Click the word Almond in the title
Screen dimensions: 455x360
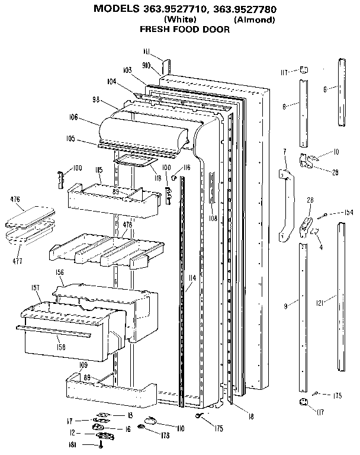pos(254,19)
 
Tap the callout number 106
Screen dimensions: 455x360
pos(73,117)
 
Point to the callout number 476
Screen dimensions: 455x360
pos(15,199)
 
